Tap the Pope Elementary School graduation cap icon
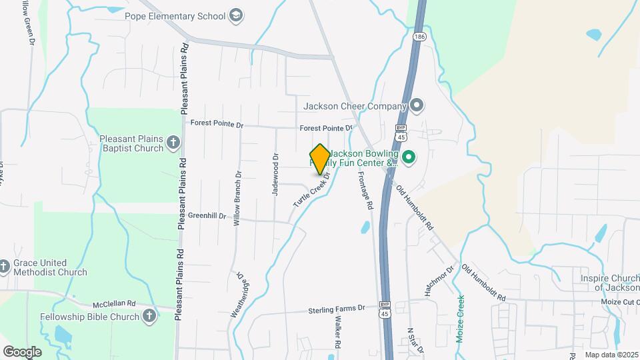pos(235,15)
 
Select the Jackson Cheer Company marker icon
pos(417,105)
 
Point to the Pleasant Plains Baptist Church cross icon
pos(173,142)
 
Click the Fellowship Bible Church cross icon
pos(150,316)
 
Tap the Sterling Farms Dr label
pos(337,309)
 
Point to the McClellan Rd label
pos(114,302)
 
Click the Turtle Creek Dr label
pos(312,189)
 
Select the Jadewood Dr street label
pos(275,174)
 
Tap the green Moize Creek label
pos(460,319)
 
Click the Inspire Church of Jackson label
pos(609,283)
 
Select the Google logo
pos(22,351)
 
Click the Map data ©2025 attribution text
pos(611,355)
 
